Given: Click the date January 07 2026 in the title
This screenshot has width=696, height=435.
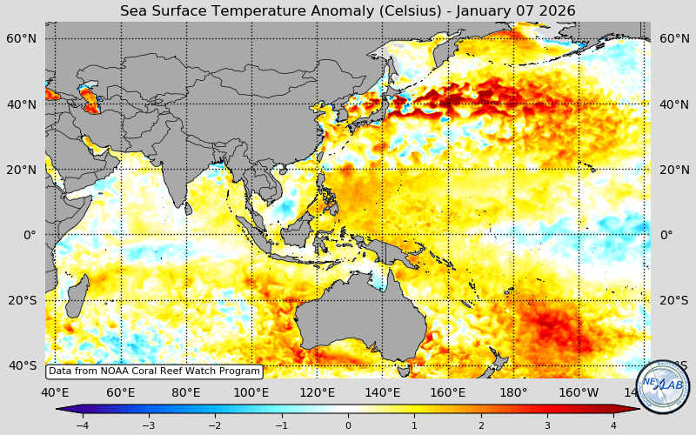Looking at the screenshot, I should tap(521, 10).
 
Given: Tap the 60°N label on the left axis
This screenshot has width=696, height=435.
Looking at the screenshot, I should tap(22, 39).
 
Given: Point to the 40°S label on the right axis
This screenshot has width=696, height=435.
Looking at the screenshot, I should tap(674, 365).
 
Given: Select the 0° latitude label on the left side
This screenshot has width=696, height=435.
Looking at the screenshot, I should tap(30, 235).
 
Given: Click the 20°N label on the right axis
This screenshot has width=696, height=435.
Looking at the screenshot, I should tap(674, 170).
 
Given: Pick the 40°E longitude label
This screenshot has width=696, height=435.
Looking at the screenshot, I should tap(54, 392).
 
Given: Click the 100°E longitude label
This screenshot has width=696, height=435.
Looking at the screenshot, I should tap(251, 392).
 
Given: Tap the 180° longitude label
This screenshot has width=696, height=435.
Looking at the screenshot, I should tap(513, 392).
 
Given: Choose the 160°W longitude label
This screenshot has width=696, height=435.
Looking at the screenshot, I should tap(579, 392).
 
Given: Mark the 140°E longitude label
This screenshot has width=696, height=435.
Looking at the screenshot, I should tap(382, 392).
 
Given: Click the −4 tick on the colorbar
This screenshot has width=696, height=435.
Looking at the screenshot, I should tap(82, 425).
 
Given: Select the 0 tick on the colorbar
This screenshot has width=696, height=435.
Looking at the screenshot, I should tap(348, 425).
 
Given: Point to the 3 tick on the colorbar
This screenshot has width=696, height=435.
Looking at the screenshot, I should tap(547, 425).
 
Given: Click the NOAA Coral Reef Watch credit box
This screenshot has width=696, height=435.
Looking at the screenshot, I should tap(154, 371).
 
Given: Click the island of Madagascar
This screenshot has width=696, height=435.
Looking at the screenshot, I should tap(77, 296).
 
